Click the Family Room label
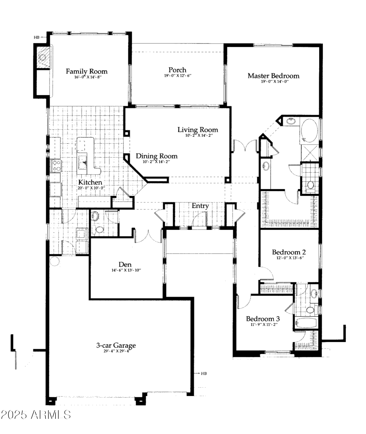coord(87,71)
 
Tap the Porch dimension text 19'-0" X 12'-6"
coord(177,75)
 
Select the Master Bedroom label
coord(273,76)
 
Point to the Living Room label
coord(198,130)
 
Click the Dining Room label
coord(156,156)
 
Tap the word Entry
coord(200,206)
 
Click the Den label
coord(125,265)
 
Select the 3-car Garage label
coord(116,345)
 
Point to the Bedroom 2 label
coord(289,252)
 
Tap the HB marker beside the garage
coord(204,373)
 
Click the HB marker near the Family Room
coord(37,37)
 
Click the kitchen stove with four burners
coord(56,166)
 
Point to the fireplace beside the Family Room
coord(43,57)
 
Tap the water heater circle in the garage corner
coord(54,261)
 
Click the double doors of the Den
coord(148,235)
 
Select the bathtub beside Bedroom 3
coord(306,323)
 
